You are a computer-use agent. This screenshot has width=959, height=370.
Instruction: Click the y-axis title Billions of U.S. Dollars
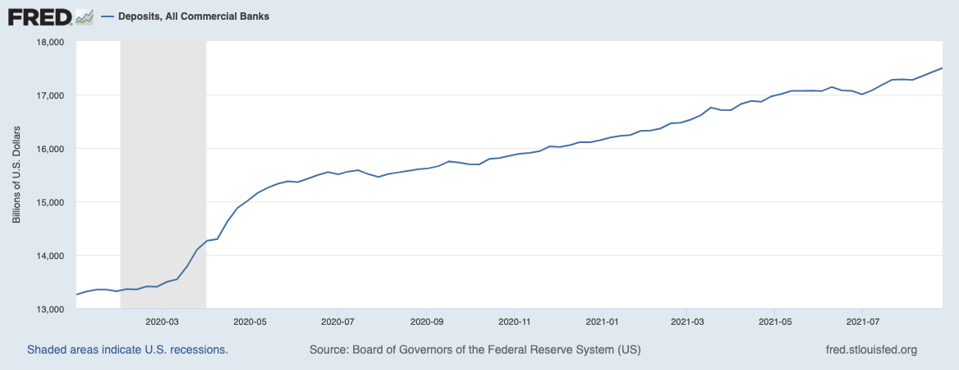point(16,175)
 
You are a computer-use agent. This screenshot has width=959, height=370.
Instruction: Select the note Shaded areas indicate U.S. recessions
point(127,349)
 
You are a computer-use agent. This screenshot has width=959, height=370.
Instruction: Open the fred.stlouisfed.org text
point(871,349)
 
